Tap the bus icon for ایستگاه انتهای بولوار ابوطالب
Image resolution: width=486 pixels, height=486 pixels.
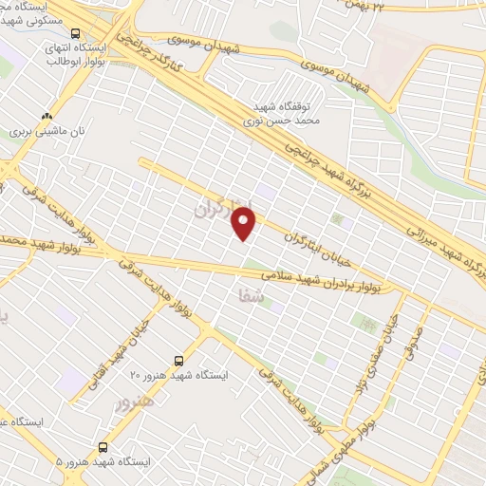click(x=75, y=35)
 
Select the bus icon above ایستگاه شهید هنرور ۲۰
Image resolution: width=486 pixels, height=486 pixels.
click(x=178, y=360)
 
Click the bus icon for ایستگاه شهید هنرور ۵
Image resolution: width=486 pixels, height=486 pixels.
click(x=102, y=446)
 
